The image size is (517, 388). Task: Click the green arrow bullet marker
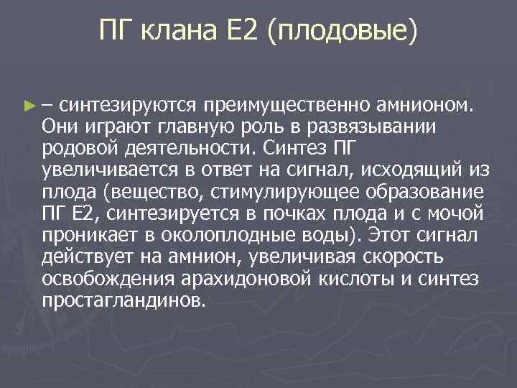tap(28, 106)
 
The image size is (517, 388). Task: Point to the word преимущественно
tap(286, 106)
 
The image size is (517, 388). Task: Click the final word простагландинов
tap(124, 300)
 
